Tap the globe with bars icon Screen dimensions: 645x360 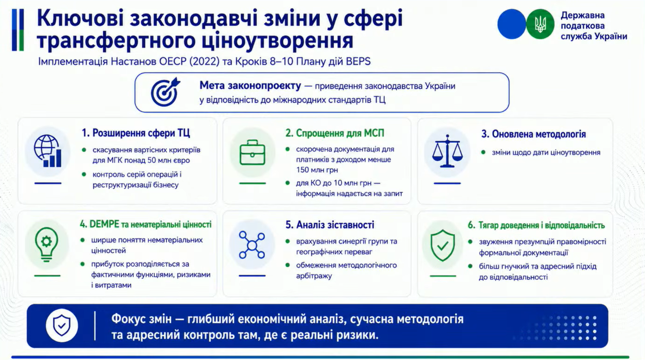47,151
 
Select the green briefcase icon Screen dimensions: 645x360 252,152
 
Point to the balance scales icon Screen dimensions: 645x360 447,151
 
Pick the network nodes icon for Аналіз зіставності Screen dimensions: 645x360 252,245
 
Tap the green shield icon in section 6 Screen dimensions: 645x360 442,245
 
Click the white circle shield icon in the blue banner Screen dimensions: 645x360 62,326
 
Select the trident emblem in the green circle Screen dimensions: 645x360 540,24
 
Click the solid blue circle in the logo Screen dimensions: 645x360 511,24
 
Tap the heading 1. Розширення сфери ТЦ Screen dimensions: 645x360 136,133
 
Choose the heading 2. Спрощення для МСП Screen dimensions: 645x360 335,133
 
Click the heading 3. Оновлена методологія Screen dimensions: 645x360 533,134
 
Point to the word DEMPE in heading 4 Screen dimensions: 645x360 104,224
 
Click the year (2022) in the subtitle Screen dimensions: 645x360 204,61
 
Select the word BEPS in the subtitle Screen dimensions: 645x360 358,61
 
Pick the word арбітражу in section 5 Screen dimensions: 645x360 314,276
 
